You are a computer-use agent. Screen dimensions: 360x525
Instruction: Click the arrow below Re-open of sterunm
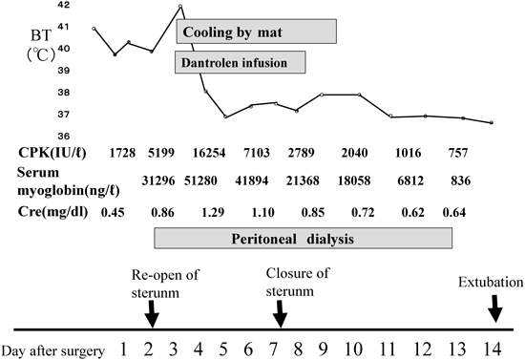pyautogui.click(x=153, y=311)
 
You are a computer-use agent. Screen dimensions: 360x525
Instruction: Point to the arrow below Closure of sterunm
pyautogui.click(x=279, y=311)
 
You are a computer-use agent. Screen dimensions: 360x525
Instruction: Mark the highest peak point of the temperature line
pyautogui.click(x=180, y=7)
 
